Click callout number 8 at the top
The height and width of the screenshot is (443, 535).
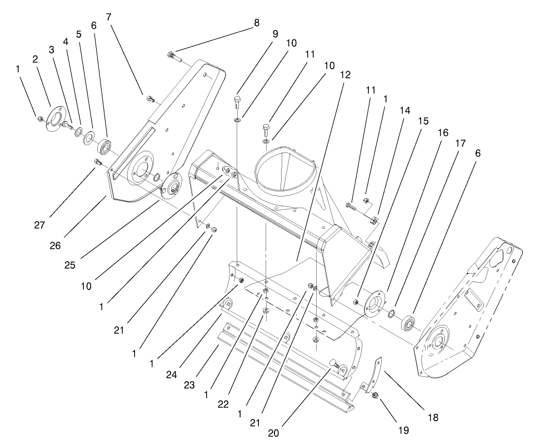pos(256,23)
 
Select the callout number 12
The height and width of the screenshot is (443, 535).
pos(346,75)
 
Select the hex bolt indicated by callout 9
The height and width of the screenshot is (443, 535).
pos(237,102)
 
